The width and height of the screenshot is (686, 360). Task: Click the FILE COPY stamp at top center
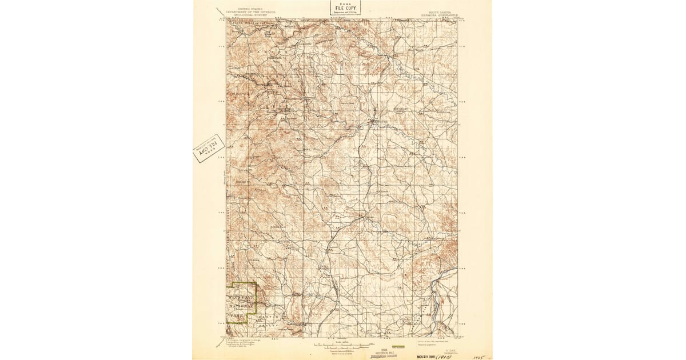[345, 7]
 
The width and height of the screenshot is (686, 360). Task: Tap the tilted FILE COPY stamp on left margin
[209, 149]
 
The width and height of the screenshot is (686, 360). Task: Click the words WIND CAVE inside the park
[241, 298]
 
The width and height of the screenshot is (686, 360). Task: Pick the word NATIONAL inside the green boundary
[241, 306]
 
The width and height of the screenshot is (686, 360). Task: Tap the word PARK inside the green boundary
[236, 315]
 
